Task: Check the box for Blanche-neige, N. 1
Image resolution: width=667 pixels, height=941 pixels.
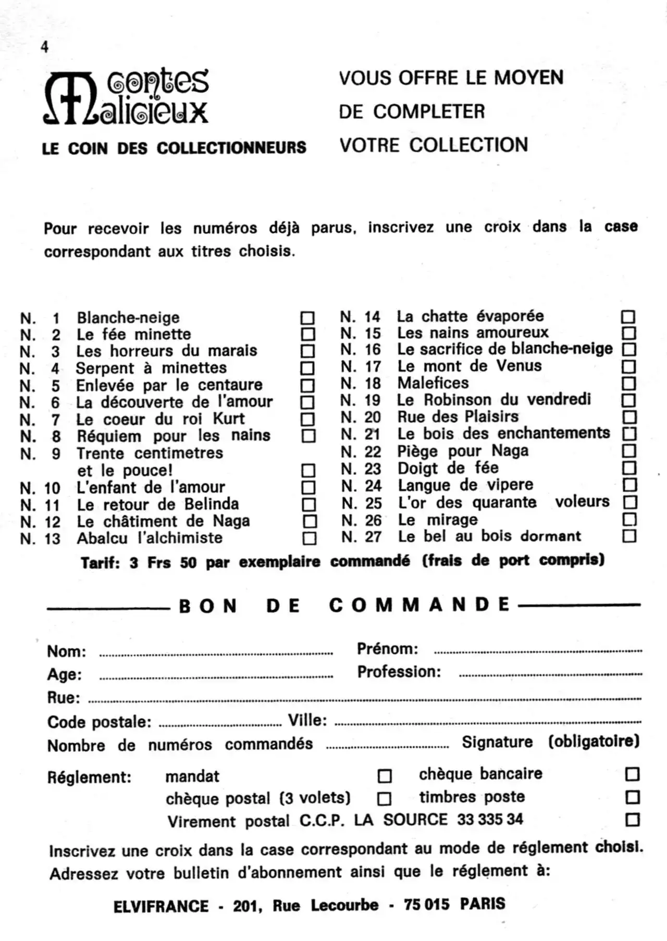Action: point(307,318)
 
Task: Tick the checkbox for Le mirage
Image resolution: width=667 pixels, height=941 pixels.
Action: point(629,519)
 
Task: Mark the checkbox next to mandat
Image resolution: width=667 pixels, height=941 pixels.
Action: point(385,776)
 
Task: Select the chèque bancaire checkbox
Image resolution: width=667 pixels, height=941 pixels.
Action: point(632,774)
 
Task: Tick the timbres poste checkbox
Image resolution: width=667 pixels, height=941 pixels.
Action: point(632,797)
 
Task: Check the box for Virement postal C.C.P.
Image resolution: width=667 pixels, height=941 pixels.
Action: point(632,820)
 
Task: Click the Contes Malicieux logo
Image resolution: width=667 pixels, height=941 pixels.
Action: point(126,97)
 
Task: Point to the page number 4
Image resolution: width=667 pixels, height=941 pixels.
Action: point(45,47)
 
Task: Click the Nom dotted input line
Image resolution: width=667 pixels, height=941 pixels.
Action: point(216,653)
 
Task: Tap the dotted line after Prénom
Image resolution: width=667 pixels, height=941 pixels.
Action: point(538,651)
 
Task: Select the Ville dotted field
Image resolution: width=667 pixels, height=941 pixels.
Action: point(488,723)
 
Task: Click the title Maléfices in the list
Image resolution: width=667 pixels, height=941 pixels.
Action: point(433,383)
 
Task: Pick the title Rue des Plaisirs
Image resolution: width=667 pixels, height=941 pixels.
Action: point(458,417)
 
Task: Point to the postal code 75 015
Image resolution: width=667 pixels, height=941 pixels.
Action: point(426,905)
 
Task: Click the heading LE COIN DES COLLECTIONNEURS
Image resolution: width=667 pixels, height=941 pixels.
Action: point(174,148)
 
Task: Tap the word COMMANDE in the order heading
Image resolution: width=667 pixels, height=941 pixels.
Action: point(419,605)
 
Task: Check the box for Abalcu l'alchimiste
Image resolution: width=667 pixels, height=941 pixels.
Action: point(310,538)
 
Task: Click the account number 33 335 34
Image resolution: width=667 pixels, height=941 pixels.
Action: point(490,819)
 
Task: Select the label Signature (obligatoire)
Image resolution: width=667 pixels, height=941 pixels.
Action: point(550,742)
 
